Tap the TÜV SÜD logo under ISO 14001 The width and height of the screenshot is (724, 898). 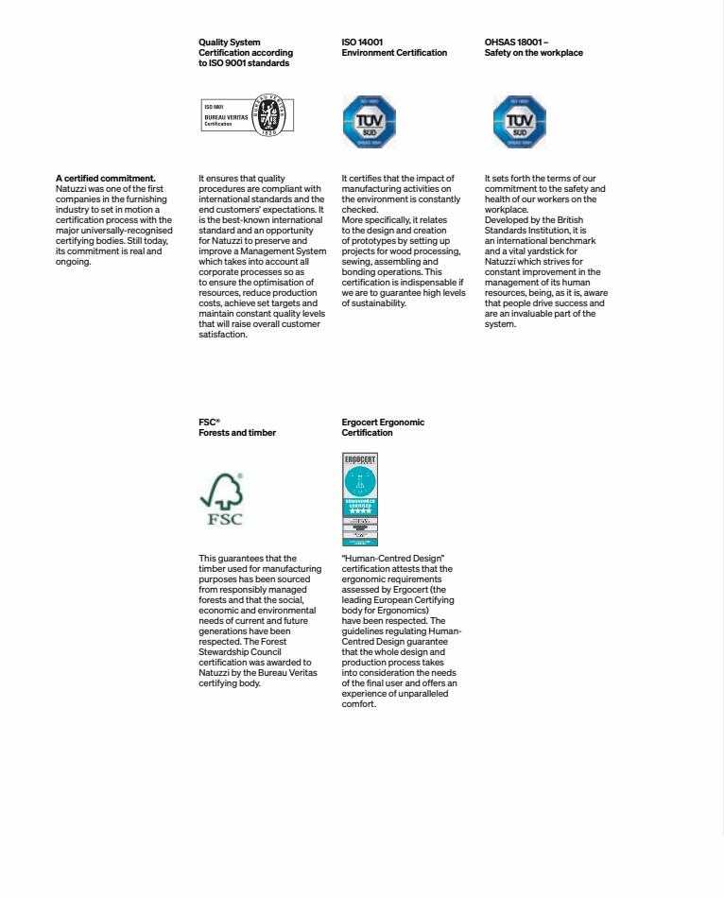tap(369, 121)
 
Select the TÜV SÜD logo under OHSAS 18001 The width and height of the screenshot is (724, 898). tap(519, 121)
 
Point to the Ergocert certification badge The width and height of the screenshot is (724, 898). tap(359, 499)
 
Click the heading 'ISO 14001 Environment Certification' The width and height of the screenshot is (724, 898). tap(394, 48)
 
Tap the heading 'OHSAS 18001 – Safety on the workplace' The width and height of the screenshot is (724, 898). tap(533, 48)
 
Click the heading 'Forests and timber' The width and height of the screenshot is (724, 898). tap(237, 433)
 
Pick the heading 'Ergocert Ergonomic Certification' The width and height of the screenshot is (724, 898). tap(383, 427)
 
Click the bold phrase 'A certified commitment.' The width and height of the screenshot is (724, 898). tap(106, 178)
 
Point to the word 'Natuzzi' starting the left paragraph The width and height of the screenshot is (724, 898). tap(71, 188)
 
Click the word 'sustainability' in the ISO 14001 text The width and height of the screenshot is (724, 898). tap(380, 303)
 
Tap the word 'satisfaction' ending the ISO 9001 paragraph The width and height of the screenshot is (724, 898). tap(222, 334)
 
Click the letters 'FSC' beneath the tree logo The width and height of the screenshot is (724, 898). tap(224, 519)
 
